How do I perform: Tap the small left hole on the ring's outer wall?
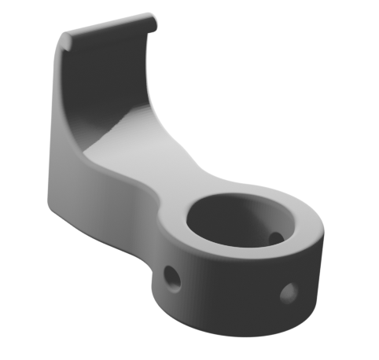pyautogui.click(x=170, y=276)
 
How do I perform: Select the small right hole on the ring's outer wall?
pyautogui.click(x=288, y=293)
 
